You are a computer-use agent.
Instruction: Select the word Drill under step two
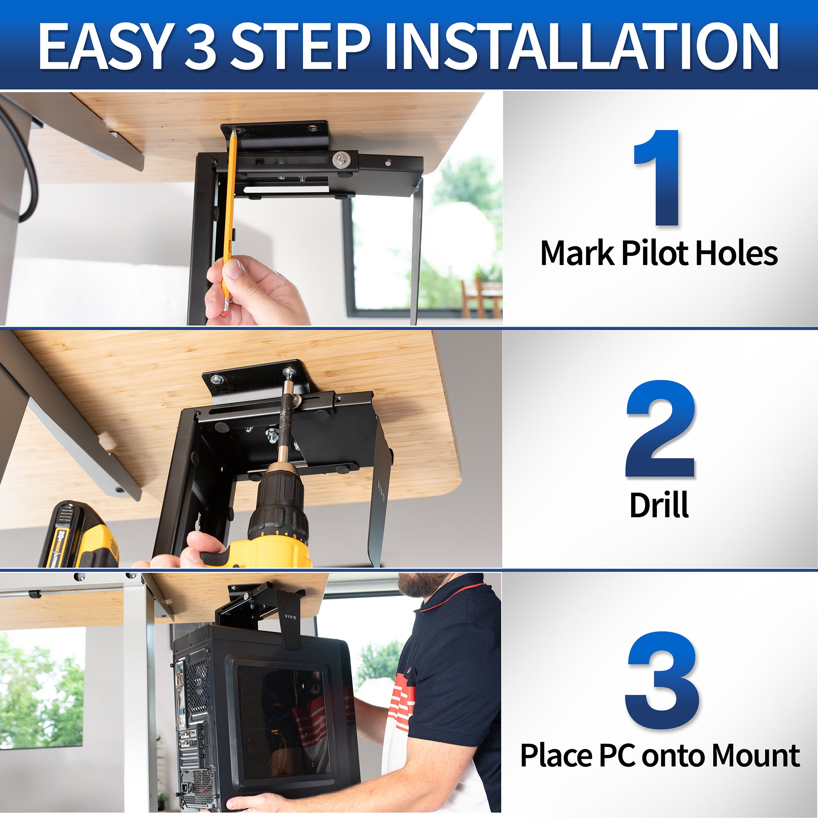(x=659, y=505)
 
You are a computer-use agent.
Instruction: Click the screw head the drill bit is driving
(x=289, y=372)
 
